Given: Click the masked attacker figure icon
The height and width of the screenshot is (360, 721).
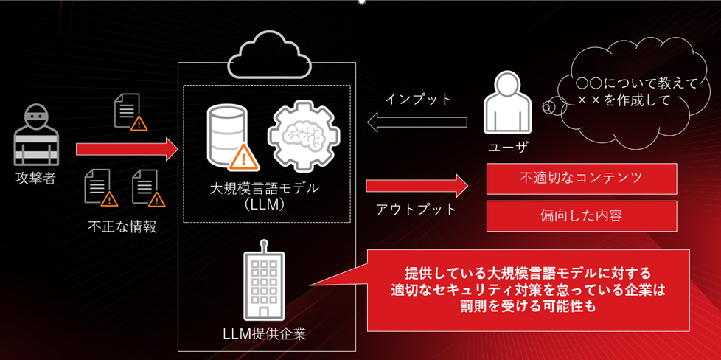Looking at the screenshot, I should [35, 135].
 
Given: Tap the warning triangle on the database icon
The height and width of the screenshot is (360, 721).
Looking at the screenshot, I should [242, 156].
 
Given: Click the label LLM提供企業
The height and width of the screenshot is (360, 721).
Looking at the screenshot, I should [264, 333].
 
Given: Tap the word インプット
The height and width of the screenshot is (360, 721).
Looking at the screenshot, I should [418, 100].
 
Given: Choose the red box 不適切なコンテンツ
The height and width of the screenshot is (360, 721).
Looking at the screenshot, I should [581, 178].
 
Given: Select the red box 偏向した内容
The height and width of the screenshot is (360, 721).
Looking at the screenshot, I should [581, 215].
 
